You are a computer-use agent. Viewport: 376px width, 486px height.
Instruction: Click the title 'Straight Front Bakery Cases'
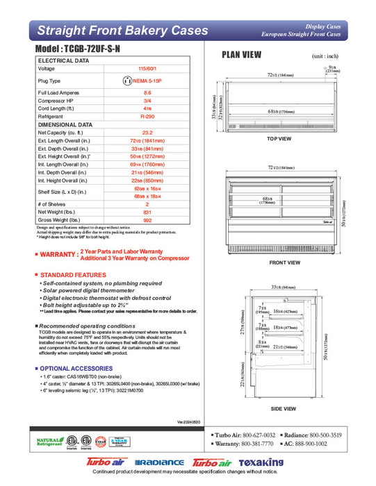pos(122,31)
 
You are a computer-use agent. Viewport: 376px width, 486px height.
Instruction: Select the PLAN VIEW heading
pos(241,55)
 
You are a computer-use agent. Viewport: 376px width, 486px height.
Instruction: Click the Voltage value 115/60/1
pos(147,69)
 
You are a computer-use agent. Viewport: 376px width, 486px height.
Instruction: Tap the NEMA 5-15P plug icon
pos(127,80)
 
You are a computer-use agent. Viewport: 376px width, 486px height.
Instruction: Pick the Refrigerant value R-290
pos(147,117)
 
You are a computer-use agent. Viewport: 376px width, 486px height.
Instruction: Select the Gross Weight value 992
pos(147,219)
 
